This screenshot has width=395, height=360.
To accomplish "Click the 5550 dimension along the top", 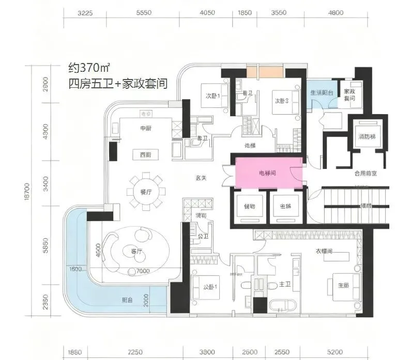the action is [144, 14].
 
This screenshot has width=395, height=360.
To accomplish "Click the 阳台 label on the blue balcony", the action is [127, 300].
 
